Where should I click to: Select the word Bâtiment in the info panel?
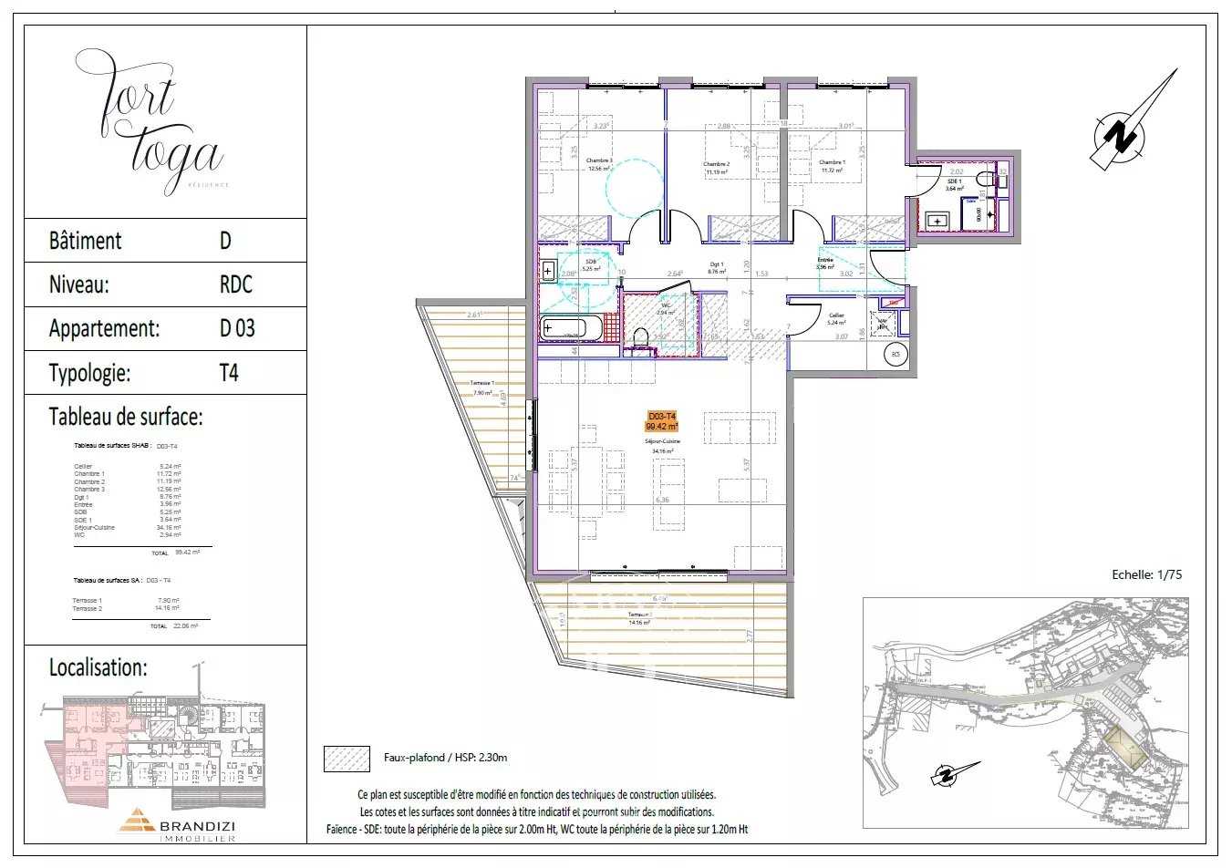(x=85, y=241)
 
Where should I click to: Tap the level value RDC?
(x=235, y=284)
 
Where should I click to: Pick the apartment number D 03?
(x=237, y=328)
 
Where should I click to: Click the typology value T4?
(x=229, y=373)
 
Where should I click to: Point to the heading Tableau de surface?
(x=125, y=418)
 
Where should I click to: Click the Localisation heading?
(x=98, y=667)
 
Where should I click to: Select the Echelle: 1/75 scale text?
(x=1146, y=574)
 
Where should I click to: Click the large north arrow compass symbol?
(x=1128, y=128)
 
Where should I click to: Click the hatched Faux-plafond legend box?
(x=347, y=759)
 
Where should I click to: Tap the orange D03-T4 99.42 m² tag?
(x=662, y=421)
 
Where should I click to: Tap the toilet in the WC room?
(x=640, y=338)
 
